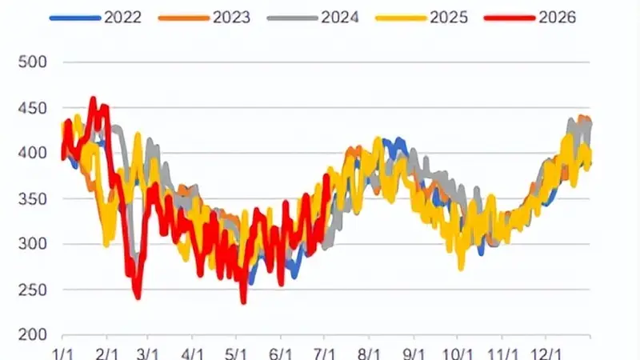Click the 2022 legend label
click(123, 18)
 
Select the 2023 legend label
click(231, 18)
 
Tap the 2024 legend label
click(340, 18)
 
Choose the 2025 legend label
click(449, 18)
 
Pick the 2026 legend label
click(557, 18)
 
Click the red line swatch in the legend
click(510, 18)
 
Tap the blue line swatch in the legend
click(75, 18)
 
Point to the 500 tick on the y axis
click(33, 62)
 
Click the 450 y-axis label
click(33, 108)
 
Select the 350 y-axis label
click(33, 199)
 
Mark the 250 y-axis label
click(33, 290)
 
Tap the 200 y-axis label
click(33, 335)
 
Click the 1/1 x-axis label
click(63, 354)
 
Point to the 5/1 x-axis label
click(236, 354)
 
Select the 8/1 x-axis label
click(369, 354)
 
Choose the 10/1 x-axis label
click(458, 354)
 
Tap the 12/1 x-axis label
click(546, 354)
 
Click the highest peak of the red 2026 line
click(93, 98)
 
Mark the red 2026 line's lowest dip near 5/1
click(244, 302)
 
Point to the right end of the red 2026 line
click(327, 176)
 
